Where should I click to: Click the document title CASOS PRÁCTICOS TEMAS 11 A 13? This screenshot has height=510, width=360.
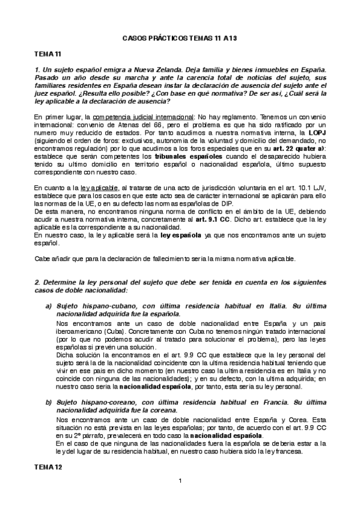(x=180, y=37)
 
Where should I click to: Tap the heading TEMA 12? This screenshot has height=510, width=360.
(x=46, y=467)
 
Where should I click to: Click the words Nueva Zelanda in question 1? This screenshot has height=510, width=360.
(x=151, y=72)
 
